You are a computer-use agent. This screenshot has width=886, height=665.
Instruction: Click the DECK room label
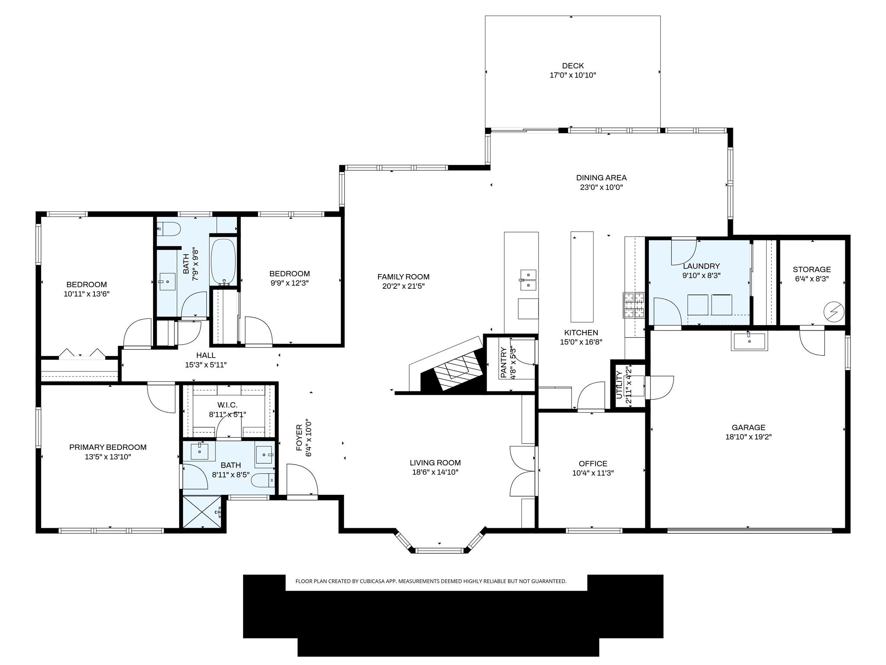coord(573,66)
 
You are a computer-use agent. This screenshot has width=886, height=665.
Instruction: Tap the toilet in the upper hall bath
coord(168,229)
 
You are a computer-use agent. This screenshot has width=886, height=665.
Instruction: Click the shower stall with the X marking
coord(202,512)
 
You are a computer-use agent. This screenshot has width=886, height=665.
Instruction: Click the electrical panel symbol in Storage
coord(833,311)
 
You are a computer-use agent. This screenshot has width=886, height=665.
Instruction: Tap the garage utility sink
coord(749,341)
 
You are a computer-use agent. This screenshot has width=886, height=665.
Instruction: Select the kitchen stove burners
coord(633,305)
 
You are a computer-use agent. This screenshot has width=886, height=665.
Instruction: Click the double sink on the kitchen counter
coord(528,280)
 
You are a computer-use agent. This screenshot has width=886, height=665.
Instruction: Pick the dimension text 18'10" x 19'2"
coord(748,437)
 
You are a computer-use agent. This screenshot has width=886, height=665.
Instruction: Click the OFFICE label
coord(593,463)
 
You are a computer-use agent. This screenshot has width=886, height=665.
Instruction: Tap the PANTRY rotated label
coord(504,362)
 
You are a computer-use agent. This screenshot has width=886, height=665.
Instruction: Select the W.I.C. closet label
coord(228,405)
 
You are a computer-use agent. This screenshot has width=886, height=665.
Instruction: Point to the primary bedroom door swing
coord(161,397)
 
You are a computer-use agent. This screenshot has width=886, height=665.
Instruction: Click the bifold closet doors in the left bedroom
coord(82,354)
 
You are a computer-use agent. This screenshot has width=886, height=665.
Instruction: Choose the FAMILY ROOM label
coord(403,277)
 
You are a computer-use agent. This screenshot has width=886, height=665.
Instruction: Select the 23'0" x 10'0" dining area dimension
coord(601,187)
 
